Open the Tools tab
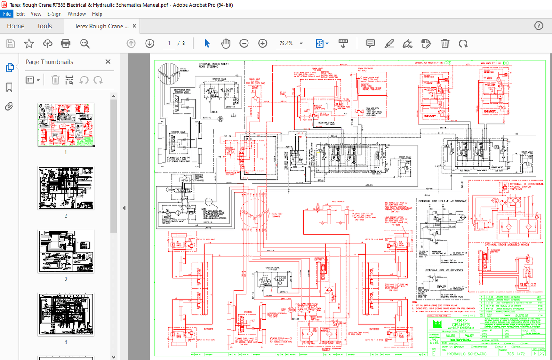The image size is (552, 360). pos(44,26)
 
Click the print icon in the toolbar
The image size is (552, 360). pos(66,43)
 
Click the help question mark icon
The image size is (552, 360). pos(539,26)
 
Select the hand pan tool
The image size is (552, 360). pos(226,43)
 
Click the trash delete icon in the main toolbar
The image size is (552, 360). pos(445,43)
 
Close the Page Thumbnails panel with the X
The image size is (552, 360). pos(108,62)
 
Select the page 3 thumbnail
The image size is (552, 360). pos(66,251)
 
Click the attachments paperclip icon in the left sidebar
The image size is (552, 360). pos(9,106)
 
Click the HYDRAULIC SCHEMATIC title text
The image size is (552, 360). pos(467,354)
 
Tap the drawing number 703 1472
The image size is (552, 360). pos(520,354)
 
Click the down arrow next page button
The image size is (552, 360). pos(150,43)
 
